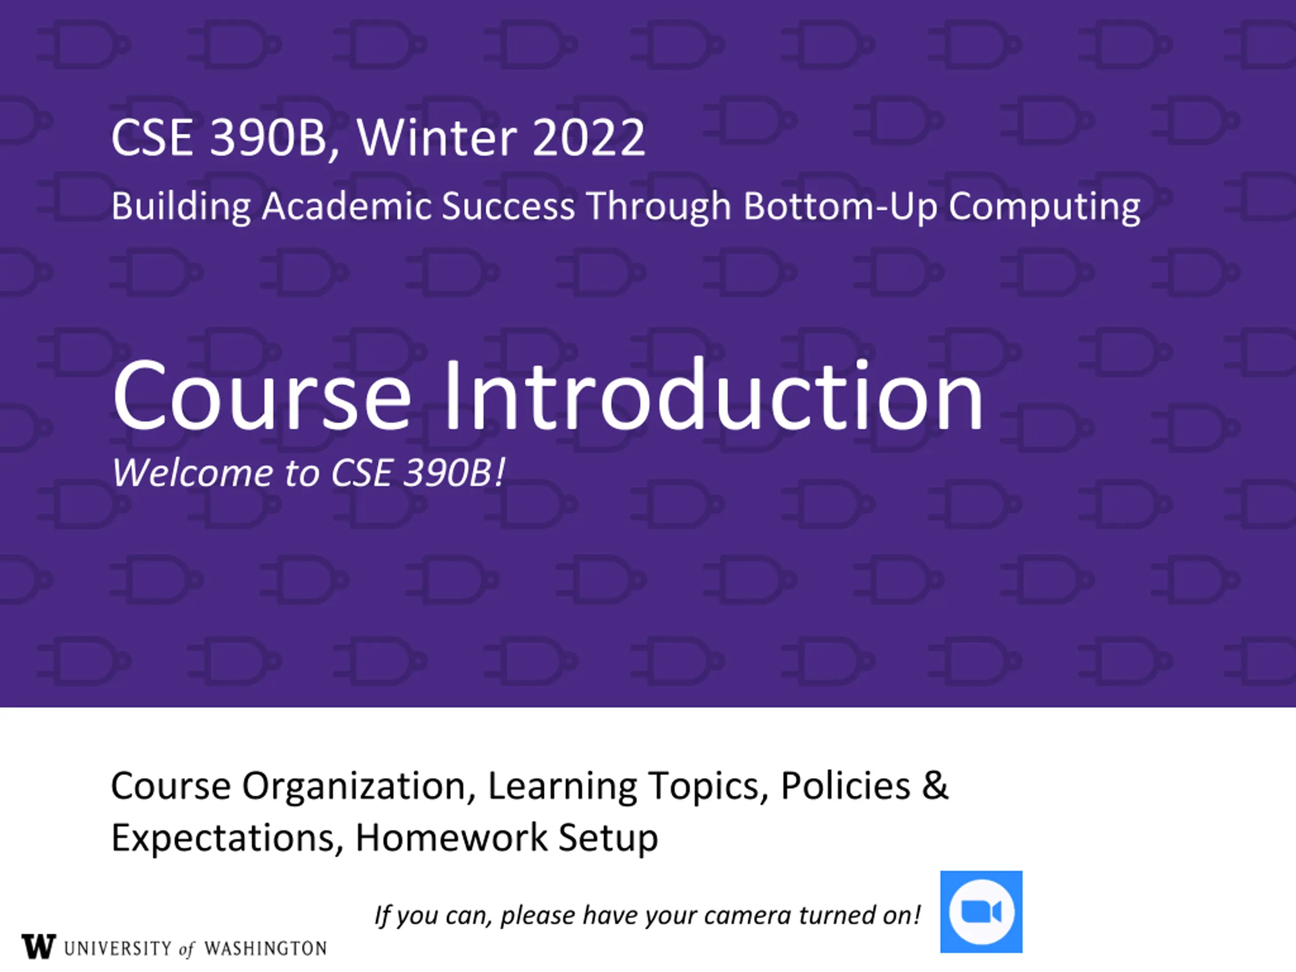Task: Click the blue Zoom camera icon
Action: point(982,912)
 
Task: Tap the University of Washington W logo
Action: point(38,946)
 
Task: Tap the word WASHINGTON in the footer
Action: point(265,949)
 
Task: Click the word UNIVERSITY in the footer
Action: point(118,949)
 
